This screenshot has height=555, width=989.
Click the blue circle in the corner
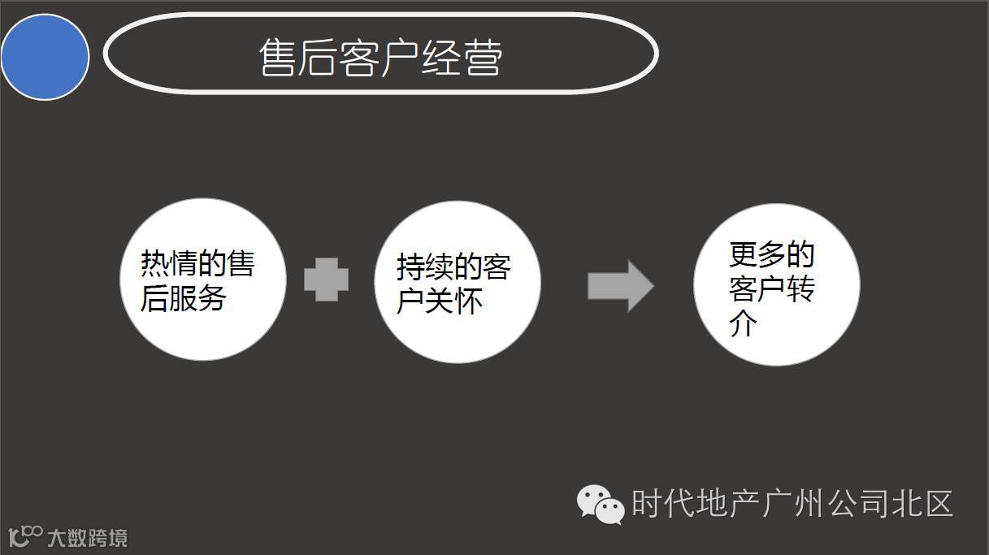[x=45, y=57]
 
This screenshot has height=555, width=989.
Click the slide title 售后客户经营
[x=380, y=57]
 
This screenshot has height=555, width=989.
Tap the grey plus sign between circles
[x=327, y=280]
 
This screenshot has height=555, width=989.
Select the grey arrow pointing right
[x=620, y=285]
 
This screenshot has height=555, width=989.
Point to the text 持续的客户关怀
[x=453, y=284]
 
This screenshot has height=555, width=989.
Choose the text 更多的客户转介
[x=771, y=288]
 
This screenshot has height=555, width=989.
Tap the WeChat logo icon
[x=601, y=504]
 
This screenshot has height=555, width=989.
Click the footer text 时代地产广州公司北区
[x=792, y=504]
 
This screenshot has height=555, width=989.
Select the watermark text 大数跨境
[x=87, y=537]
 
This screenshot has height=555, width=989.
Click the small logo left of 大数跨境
[x=25, y=536]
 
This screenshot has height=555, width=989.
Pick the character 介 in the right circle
[x=744, y=324]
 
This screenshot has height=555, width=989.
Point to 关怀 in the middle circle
[x=462, y=301]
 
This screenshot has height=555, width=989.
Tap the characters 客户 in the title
[x=380, y=58]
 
